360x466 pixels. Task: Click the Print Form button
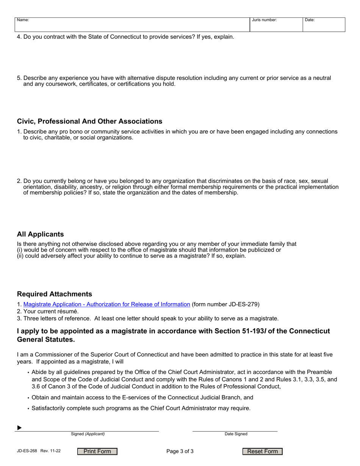click(x=97, y=451)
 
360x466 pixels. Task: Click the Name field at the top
click(x=132, y=25)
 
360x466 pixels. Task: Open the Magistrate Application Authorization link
click(x=106, y=304)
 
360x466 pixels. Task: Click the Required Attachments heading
click(x=54, y=294)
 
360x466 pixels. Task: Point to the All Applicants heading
click(x=40, y=234)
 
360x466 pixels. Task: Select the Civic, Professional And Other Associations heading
click(x=89, y=121)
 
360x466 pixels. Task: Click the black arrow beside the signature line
click(x=19, y=428)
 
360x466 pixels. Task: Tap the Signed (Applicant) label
click(x=88, y=434)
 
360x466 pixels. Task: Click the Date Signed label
click(x=236, y=434)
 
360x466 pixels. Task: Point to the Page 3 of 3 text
click(x=180, y=451)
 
